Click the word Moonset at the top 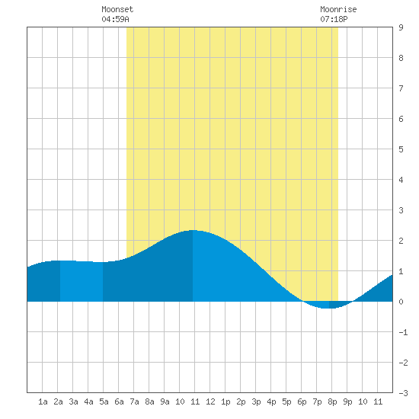(x=117, y=10)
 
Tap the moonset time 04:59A (x=115, y=19)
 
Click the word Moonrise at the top (x=338, y=10)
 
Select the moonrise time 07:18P (x=334, y=19)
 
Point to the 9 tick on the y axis (x=401, y=27)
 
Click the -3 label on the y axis (x=403, y=393)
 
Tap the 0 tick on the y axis (x=401, y=302)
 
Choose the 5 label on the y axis (x=401, y=149)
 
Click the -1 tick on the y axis (x=403, y=332)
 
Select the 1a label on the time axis (x=43, y=401)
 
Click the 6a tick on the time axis (x=119, y=401)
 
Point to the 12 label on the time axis (x=210, y=401)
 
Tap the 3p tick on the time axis (x=256, y=401)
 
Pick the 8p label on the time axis (x=332, y=401)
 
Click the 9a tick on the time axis (x=165, y=401)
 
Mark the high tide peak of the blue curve (x=193, y=230)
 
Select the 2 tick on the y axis (x=401, y=241)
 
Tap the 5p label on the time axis (x=286, y=401)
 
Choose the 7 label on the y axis (x=401, y=88)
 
